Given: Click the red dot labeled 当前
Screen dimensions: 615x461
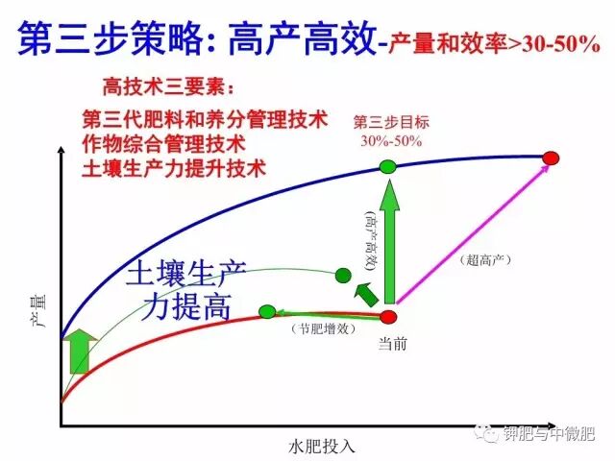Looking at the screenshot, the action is [x=388, y=316].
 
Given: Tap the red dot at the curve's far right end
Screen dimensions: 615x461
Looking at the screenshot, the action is [x=551, y=157].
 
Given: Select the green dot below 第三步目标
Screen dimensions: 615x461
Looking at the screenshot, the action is [x=387, y=167].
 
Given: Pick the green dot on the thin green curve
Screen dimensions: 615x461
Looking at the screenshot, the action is [x=343, y=277].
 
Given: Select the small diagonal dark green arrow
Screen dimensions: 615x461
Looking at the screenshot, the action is [x=364, y=293].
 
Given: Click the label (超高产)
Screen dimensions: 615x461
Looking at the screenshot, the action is [x=483, y=259].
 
